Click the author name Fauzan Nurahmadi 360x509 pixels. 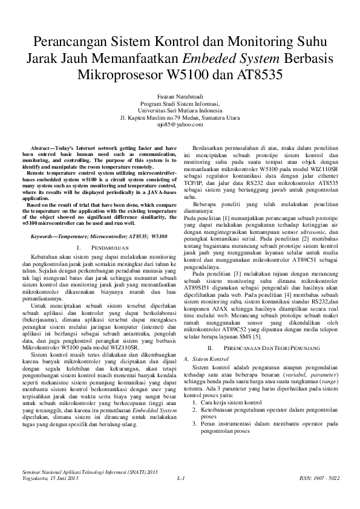click(180, 96)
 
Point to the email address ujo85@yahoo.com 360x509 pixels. click(180, 124)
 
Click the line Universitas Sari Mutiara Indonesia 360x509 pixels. click(180, 110)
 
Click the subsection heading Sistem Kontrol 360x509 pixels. click(209, 342)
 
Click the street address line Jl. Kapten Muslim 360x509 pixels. click(180, 117)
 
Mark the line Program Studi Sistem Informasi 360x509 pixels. click(180, 103)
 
